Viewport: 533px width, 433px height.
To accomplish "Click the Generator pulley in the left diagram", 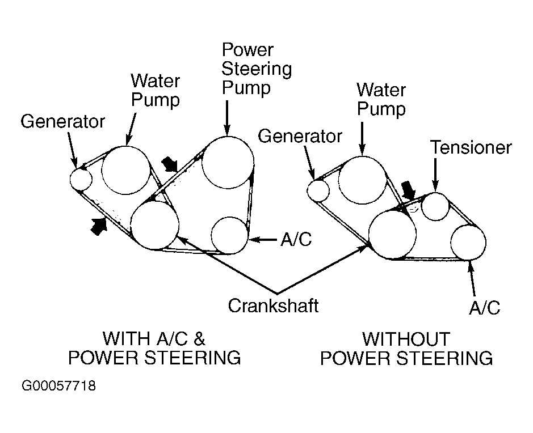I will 81,179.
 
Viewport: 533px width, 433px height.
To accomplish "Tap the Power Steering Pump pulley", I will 227,162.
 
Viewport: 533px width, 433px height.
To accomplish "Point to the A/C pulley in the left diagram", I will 229,235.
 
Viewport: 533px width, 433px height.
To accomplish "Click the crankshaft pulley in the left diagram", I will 154,225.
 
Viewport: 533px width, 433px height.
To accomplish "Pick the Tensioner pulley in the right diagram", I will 435,206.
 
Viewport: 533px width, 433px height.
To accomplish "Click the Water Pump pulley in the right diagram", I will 363,180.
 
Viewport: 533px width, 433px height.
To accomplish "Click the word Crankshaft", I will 273,305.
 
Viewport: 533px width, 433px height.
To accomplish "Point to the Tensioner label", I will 471,148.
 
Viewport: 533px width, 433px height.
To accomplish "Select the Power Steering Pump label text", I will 256,69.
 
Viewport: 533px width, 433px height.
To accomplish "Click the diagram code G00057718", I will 59,387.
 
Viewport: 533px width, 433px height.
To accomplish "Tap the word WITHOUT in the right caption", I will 406,339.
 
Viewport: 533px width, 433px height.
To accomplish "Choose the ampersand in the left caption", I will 199,339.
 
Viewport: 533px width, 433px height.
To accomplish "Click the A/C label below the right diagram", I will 484,308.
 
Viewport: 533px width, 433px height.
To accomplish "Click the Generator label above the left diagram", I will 63,121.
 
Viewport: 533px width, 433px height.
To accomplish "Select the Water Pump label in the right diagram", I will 381,99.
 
